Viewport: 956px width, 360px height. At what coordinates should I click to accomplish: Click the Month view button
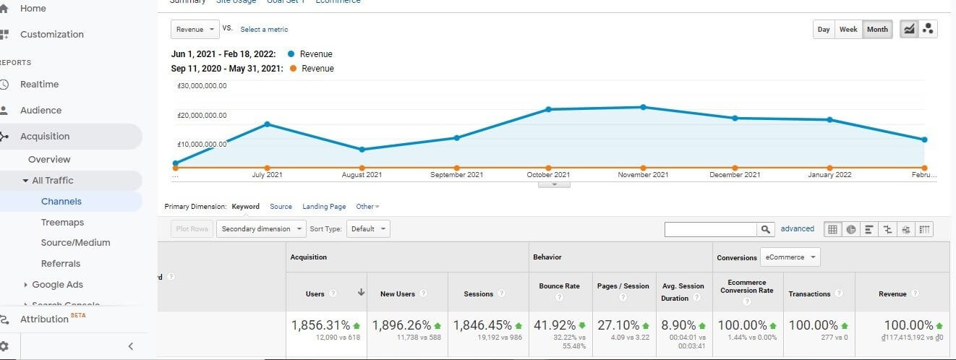(x=877, y=30)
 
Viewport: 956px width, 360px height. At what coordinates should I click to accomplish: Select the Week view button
(x=848, y=30)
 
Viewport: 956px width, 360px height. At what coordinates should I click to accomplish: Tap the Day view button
(x=824, y=30)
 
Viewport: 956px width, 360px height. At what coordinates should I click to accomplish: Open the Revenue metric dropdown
(x=195, y=29)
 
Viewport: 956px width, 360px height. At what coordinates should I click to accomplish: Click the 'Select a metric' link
(x=264, y=30)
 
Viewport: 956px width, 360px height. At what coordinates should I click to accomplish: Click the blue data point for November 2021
(x=643, y=107)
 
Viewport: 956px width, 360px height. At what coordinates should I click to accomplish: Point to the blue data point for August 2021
(x=362, y=150)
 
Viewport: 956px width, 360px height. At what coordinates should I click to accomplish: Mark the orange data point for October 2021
(x=549, y=168)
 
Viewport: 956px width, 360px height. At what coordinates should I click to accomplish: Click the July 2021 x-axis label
(x=267, y=175)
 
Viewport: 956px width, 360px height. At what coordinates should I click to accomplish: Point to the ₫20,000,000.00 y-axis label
(x=202, y=115)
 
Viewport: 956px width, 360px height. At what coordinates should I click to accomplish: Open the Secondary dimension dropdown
(x=263, y=229)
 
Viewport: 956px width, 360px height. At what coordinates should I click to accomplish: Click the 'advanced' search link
(x=797, y=228)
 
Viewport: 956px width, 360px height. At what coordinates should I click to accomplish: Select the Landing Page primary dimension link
(x=324, y=207)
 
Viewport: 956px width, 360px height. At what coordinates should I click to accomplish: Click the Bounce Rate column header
(x=559, y=286)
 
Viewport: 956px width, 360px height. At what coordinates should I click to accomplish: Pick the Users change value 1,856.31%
(x=321, y=325)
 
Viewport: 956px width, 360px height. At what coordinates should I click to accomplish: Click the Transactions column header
(x=809, y=294)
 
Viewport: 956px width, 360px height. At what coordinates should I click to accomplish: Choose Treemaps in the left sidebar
(x=62, y=223)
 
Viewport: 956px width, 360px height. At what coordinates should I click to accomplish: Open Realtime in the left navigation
(x=40, y=85)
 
